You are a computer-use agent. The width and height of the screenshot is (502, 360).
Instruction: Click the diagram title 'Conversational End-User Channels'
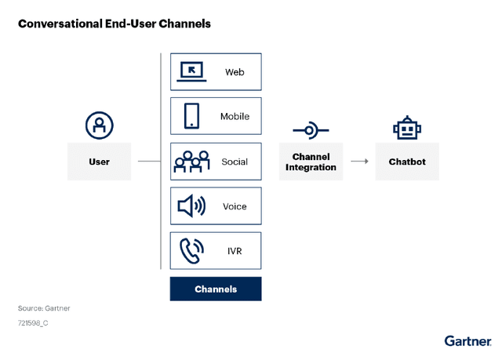(115, 24)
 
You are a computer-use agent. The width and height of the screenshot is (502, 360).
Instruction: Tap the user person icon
(100, 125)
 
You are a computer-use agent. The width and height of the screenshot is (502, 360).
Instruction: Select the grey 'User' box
(99, 162)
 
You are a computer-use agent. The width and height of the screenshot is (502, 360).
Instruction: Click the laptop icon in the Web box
(192, 71)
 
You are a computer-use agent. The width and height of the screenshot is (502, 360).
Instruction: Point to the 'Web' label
(235, 72)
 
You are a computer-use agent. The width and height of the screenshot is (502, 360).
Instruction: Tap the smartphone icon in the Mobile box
(191, 116)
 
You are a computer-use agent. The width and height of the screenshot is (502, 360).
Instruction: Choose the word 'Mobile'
(235, 116)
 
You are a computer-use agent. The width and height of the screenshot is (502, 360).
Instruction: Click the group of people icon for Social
(191, 161)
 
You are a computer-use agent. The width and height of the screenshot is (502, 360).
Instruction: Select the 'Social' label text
(235, 162)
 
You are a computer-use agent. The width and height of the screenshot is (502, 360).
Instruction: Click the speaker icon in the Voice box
(191, 206)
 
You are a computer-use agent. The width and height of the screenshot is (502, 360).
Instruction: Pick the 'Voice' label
(235, 206)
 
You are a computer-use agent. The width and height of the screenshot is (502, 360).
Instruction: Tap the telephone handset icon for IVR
(191, 251)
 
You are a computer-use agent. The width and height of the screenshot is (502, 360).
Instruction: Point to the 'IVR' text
(235, 251)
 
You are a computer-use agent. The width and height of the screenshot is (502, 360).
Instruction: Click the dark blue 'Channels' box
(216, 289)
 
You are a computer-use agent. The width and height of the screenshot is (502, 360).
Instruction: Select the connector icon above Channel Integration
(310, 129)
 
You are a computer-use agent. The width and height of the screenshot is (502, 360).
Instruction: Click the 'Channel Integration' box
(311, 162)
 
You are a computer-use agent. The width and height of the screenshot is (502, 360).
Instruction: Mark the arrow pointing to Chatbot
(359, 162)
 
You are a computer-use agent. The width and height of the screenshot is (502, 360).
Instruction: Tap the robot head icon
(407, 128)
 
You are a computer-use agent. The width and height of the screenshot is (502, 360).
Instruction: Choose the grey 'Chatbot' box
(407, 162)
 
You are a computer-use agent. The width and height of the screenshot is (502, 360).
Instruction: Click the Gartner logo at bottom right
(467, 340)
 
